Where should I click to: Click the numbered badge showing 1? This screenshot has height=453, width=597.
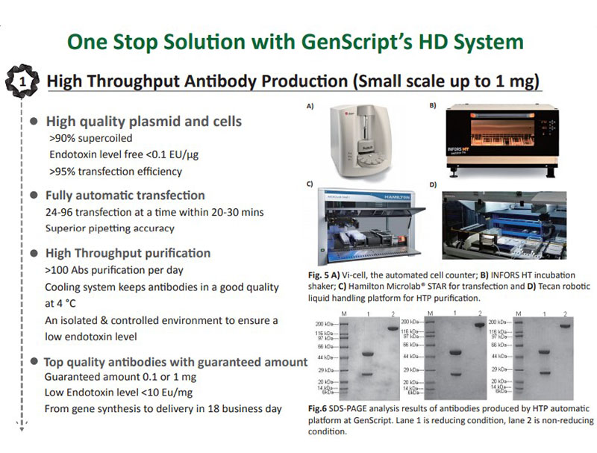20,80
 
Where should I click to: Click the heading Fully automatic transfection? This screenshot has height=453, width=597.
125,196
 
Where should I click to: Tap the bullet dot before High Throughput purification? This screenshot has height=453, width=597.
34,254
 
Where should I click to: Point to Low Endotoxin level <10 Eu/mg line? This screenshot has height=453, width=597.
119,393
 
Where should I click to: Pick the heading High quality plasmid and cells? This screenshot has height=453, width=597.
144,121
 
